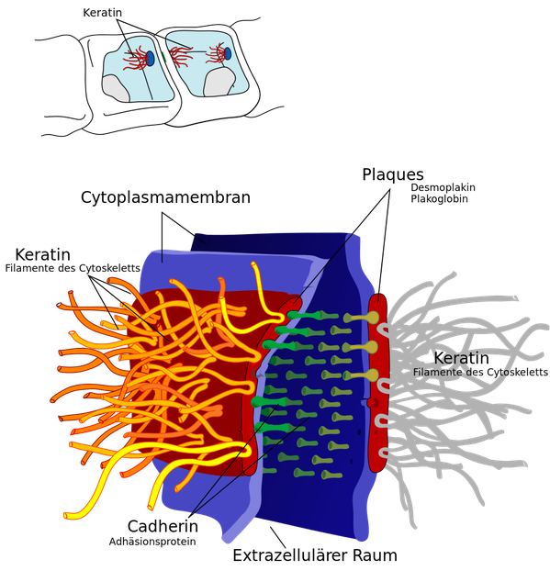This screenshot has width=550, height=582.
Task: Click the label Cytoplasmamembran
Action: click(165, 197)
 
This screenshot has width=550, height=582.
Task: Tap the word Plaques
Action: click(393, 174)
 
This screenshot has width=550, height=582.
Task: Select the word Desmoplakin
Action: click(443, 187)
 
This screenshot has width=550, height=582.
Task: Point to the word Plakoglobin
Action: click(439, 199)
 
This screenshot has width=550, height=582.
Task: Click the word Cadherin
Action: click(163, 526)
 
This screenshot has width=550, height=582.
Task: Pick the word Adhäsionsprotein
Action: click(152, 542)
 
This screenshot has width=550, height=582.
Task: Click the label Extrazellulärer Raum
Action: click(315, 555)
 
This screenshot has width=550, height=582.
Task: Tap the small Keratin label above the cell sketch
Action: click(103, 13)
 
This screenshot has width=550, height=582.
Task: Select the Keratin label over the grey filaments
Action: click(461, 358)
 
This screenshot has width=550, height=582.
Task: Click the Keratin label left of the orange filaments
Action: click(43, 255)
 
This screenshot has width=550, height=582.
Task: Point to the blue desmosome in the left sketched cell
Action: click(150, 58)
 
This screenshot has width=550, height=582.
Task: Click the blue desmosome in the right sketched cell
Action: click(228, 53)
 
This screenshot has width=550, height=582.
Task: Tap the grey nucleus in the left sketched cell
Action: click(117, 88)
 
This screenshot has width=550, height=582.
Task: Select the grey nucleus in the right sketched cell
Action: click(219, 83)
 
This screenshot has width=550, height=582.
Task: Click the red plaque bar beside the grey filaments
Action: click(378, 382)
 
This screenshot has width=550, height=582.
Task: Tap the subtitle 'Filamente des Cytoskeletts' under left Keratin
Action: click(73, 268)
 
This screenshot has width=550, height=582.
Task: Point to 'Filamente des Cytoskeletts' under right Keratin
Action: click(480, 372)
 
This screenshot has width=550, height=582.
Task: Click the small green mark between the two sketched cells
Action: click(163, 56)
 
